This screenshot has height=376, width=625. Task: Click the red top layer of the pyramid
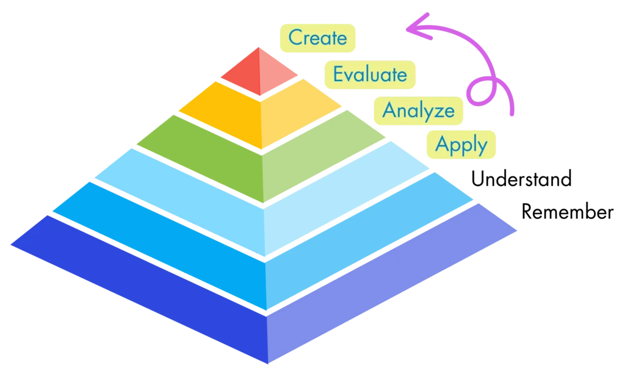(x=259, y=72)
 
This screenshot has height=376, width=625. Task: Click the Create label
(x=317, y=37)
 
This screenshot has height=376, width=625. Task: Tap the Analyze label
(x=418, y=110)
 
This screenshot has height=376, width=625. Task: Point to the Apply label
(x=461, y=145)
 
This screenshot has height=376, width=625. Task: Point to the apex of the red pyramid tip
(x=259, y=47)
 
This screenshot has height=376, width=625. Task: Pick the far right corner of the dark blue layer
(x=516, y=231)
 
